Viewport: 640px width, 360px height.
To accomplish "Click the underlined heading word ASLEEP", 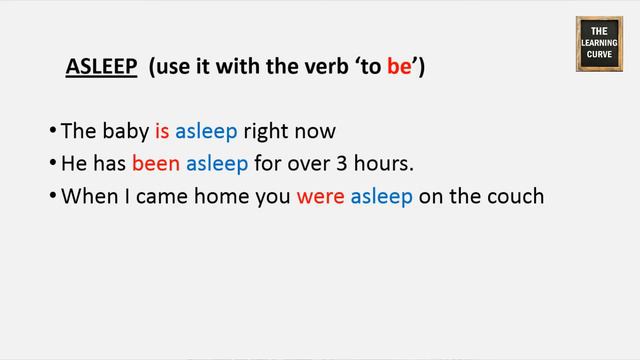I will (101, 67).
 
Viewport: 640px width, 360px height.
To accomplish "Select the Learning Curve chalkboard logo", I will (599, 44).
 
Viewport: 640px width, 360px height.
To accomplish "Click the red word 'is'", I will (162, 131).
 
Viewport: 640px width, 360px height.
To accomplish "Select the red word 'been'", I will (157, 164).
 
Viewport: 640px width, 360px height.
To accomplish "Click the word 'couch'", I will (515, 196).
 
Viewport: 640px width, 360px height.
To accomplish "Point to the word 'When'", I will (84, 196).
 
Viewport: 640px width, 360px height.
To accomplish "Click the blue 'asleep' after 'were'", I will (381, 196).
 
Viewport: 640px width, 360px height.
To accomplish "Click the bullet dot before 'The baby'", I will (52, 131).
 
